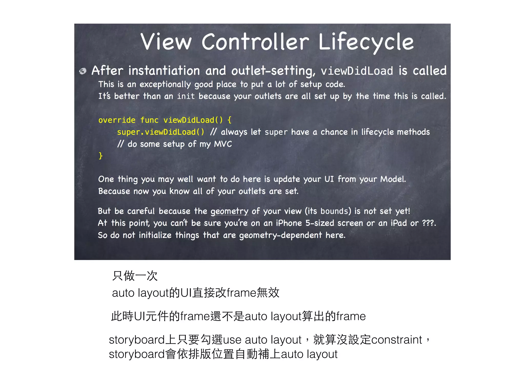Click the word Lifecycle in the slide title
(x=366, y=42)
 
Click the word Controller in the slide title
(x=255, y=42)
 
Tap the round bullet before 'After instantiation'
(x=83, y=71)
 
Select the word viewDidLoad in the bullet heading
(x=357, y=71)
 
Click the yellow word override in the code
(x=117, y=120)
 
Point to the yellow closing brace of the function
(x=100, y=156)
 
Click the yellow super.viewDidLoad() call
(x=160, y=132)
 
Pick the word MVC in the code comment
(x=223, y=144)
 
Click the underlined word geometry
(x=229, y=211)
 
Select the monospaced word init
(x=186, y=96)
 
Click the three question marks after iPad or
(x=428, y=223)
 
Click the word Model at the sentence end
(x=392, y=179)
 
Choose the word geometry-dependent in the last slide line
(x=280, y=235)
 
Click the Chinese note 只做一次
(x=135, y=276)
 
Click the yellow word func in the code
(x=149, y=120)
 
